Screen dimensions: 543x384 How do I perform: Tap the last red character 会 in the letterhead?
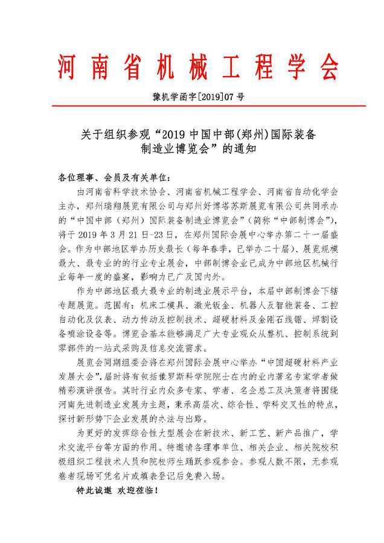[x=330, y=68]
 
